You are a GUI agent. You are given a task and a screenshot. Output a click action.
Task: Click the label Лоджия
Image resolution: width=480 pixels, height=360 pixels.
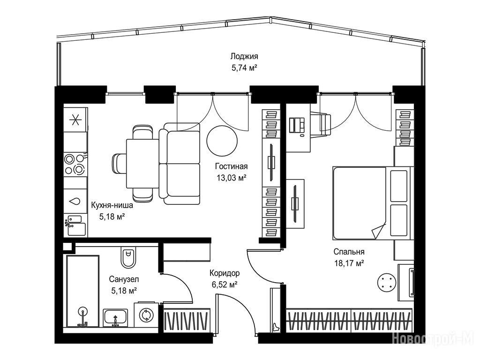[244, 56]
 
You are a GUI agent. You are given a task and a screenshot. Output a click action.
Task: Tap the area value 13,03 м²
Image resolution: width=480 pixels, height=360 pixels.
[232, 178]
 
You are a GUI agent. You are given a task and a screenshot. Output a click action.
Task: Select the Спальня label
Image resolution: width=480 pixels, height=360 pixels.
[349, 252]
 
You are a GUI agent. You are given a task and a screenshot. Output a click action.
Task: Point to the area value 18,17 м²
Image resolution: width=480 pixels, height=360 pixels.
[349, 263]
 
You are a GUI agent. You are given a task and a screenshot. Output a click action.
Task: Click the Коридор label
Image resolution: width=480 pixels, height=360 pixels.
[225, 273]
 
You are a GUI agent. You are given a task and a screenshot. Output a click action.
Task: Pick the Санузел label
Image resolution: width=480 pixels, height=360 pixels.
[124, 279]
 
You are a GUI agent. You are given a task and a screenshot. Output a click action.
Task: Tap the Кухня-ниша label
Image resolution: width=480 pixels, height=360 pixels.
[112, 205]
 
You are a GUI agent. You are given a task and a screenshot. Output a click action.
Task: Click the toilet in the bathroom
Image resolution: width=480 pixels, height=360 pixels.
[128, 256]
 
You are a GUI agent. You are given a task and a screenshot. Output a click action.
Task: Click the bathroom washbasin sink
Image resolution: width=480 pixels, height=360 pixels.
[115, 317]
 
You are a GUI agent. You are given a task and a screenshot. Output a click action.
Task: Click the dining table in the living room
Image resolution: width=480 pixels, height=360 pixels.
[142, 164]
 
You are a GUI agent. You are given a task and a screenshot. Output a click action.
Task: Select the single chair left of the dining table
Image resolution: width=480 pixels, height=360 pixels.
[119, 164]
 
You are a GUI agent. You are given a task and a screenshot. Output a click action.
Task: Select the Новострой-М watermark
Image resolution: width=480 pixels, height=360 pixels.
[433, 339]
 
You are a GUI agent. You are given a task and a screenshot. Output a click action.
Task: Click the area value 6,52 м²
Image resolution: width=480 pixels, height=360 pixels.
[225, 285]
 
